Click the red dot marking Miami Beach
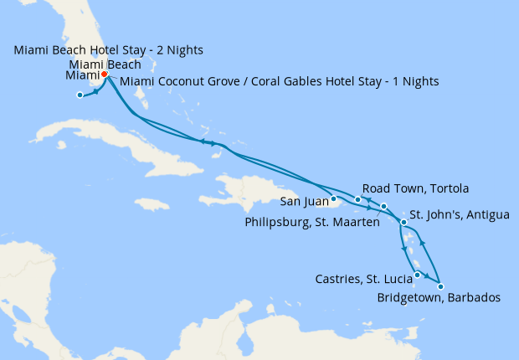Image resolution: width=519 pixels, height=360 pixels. pyautogui.click(x=104, y=75)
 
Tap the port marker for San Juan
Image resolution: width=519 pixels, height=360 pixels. pyautogui.click(x=333, y=199)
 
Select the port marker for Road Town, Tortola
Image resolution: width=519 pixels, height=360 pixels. pyautogui.click(x=358, y=199)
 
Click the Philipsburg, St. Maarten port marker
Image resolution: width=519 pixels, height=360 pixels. pyautogui.click(x=383, y=206)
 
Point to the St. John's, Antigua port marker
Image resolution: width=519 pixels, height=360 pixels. pyautogui.click(x=403, y=223)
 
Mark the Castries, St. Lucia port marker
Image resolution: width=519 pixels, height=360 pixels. pyautogui.click(x=417, y=275)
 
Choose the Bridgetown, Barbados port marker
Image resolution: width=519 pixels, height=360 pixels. pyautogui.click(x=441, y=286)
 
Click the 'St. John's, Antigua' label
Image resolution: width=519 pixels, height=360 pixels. pyautogui.click(x=459, y=215)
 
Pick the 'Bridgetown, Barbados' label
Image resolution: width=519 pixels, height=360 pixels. pyautogui.click(x=439, y=298)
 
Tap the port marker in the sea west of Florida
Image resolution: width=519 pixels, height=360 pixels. pyautogui.click(x=80, y=95)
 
